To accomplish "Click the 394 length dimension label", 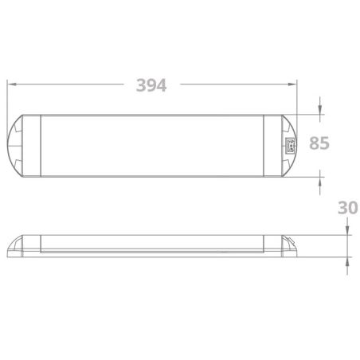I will click(x=152, y=84).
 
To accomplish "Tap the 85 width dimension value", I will click(x=319, y=144).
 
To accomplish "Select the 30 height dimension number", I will click(x=346, y=208).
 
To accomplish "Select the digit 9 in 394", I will click(x=152, y=84).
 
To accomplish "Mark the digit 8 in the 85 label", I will click(x=313, y=144).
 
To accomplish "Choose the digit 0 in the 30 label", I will click(x=352, y=208).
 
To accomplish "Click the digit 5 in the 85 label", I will click(x=324, y=144).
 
